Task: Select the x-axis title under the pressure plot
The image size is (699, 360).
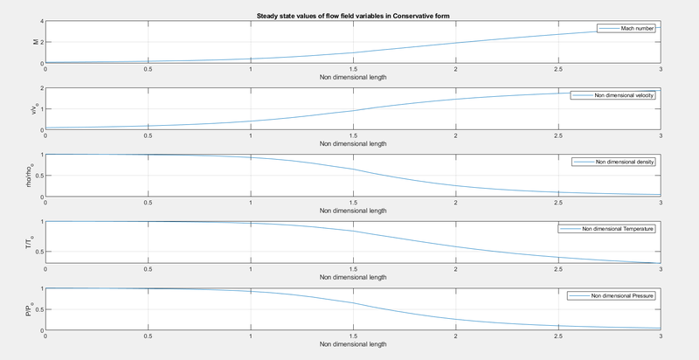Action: (352, 346)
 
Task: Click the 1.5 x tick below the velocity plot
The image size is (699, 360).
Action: (352, 136)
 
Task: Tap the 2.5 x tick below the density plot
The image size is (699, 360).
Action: (557, 204)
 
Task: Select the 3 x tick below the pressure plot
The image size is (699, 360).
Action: (661, 337)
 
